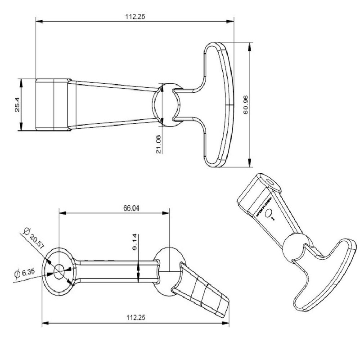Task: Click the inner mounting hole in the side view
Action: click(59, 270)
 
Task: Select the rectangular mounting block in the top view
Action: click(52, 105)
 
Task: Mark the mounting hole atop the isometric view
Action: click(270, 180)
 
